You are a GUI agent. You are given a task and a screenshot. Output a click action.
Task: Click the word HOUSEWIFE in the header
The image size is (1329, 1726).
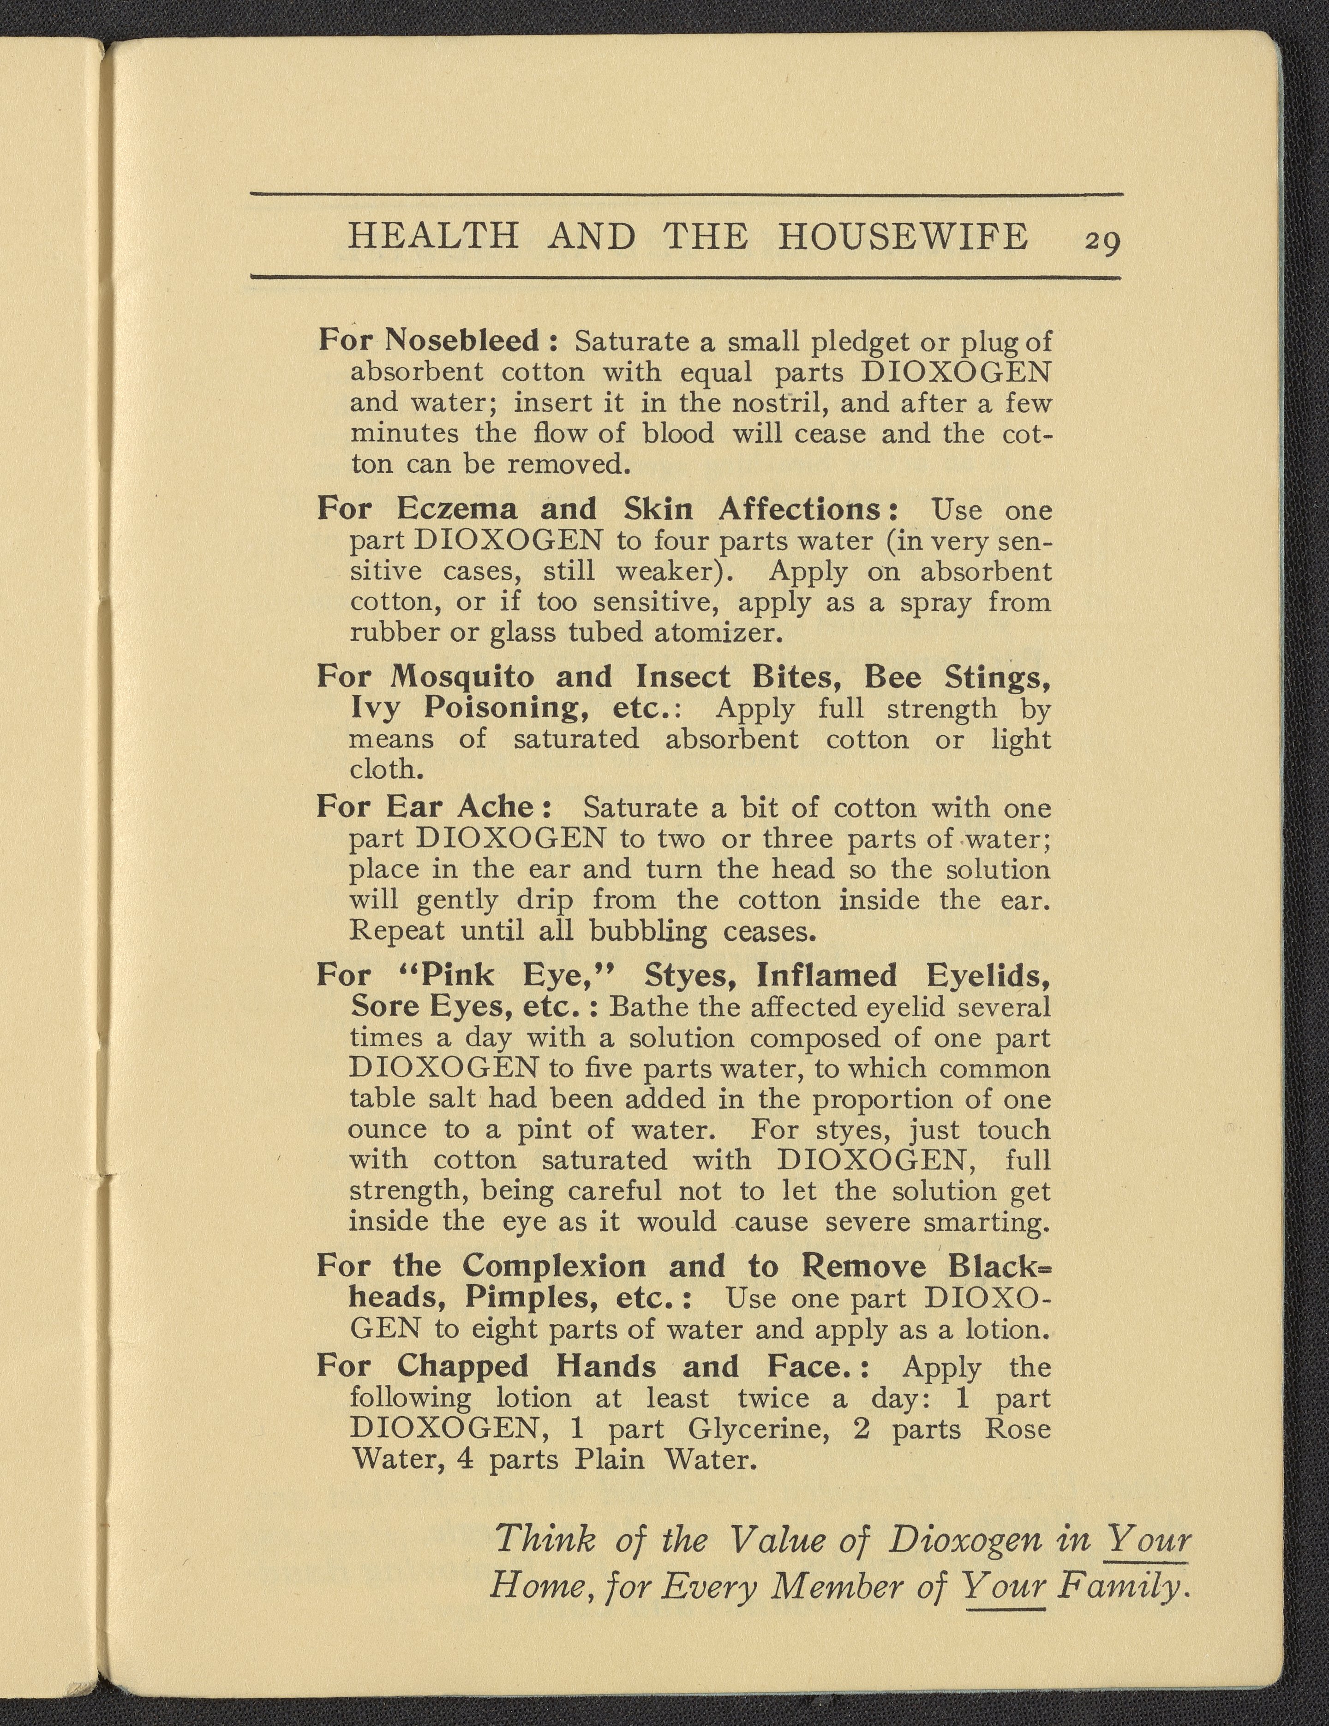903,237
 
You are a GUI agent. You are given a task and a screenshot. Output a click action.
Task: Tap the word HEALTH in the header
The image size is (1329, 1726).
434,237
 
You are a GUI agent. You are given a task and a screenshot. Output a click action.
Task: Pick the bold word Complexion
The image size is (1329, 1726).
554,1266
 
